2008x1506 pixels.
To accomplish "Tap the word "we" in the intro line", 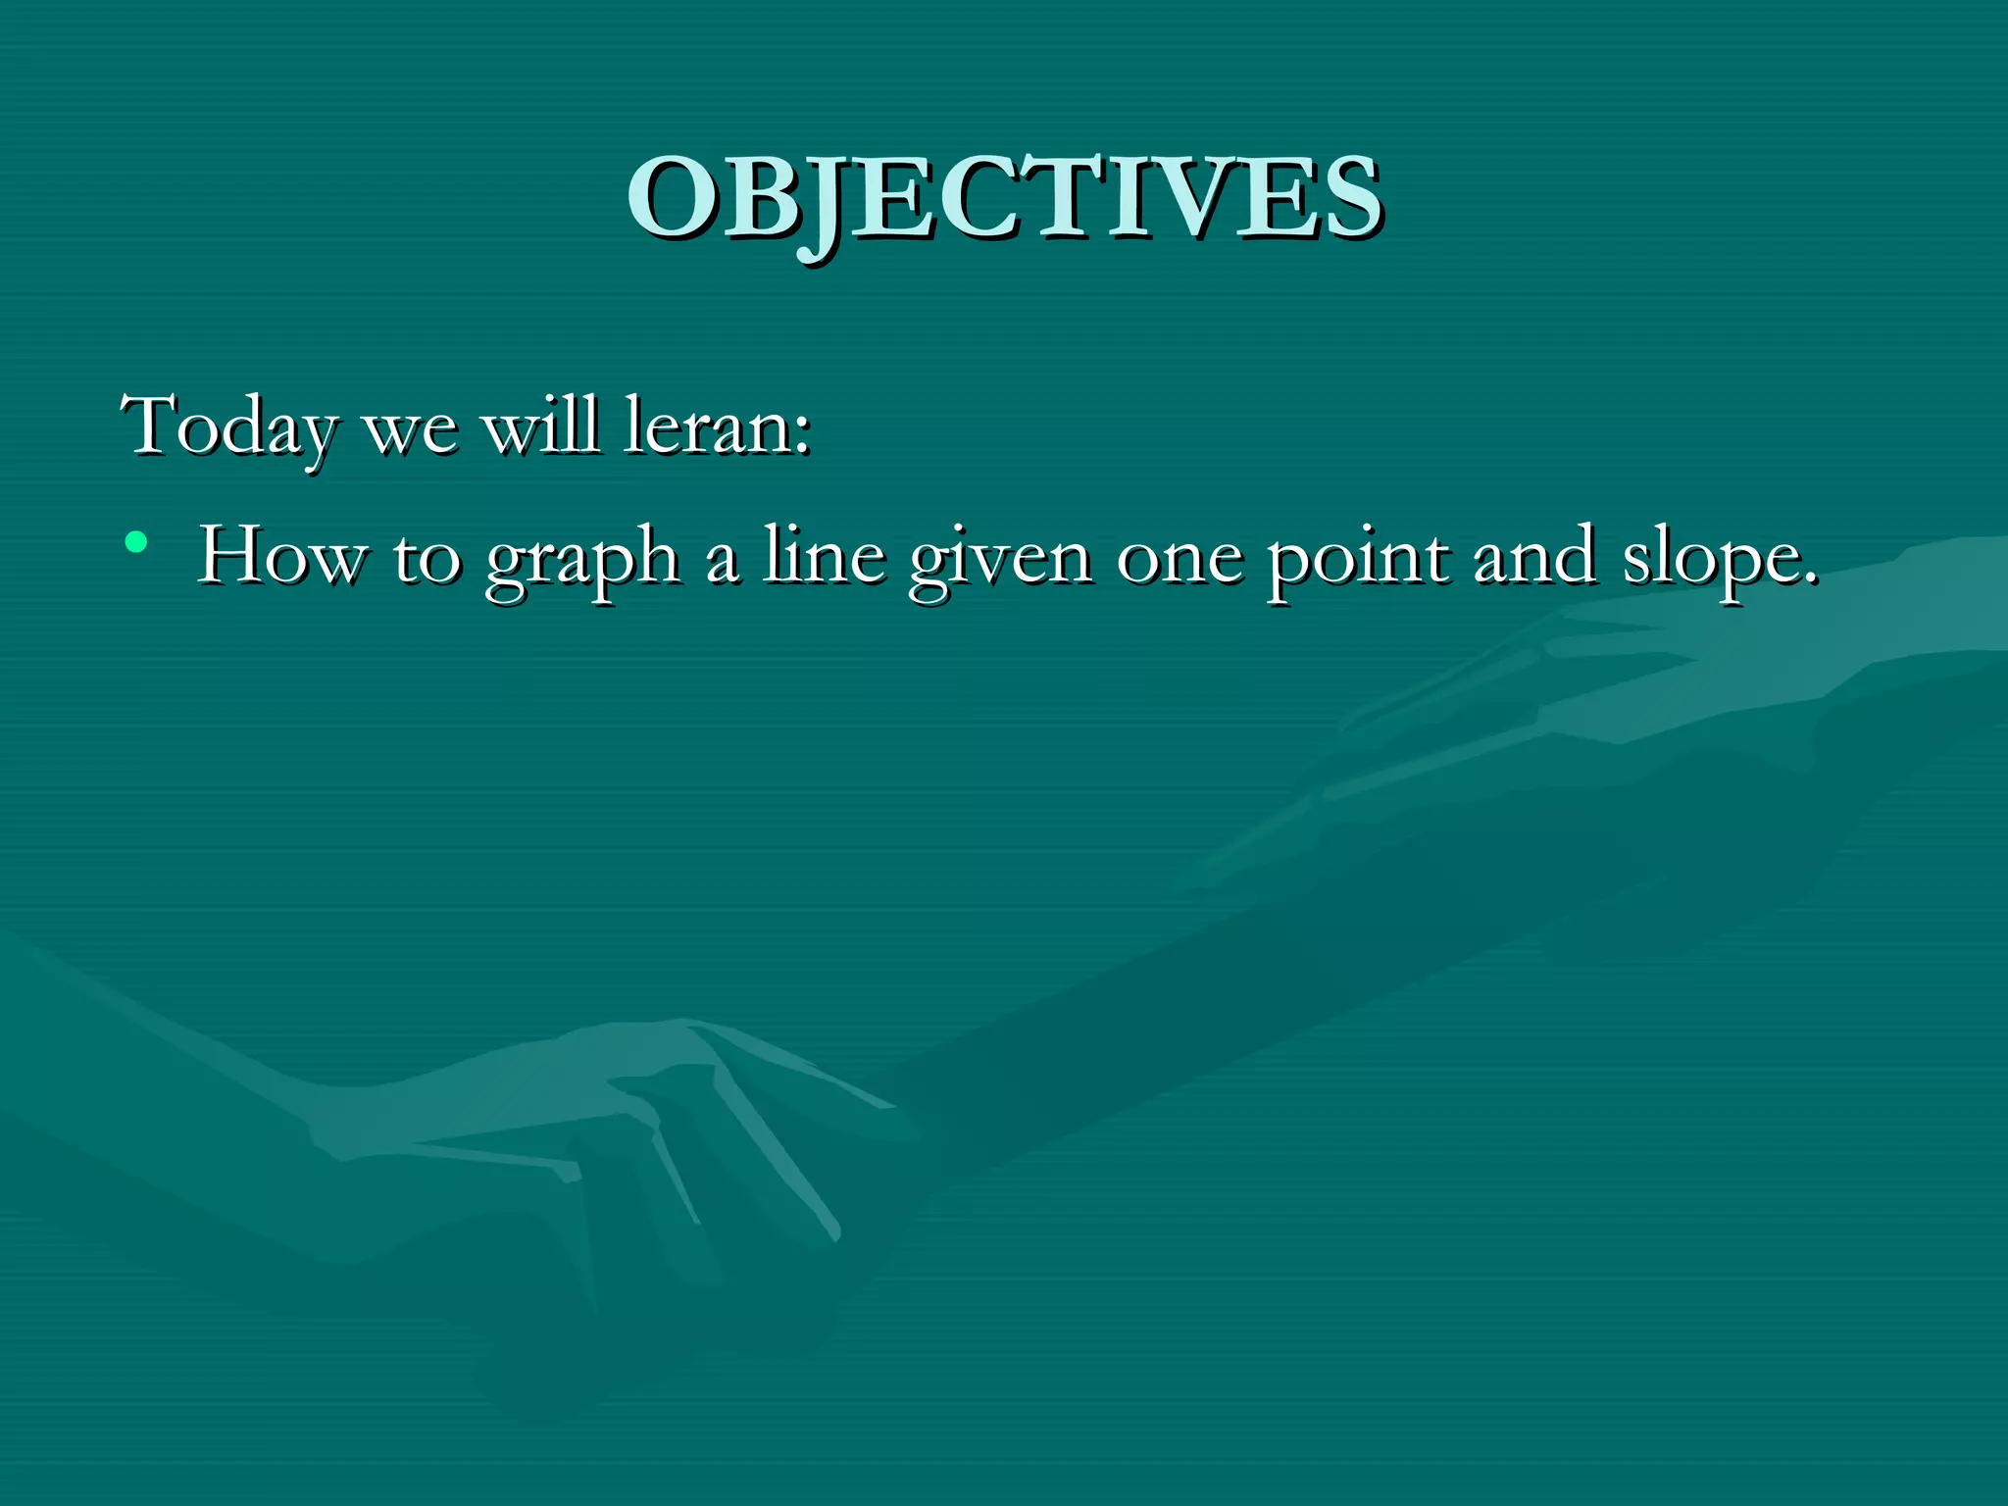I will pos(409,430).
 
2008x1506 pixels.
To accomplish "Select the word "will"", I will pos(541,426).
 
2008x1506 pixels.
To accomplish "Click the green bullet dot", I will pos(136,541).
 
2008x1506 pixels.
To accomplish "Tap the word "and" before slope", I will pos(1534,557).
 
